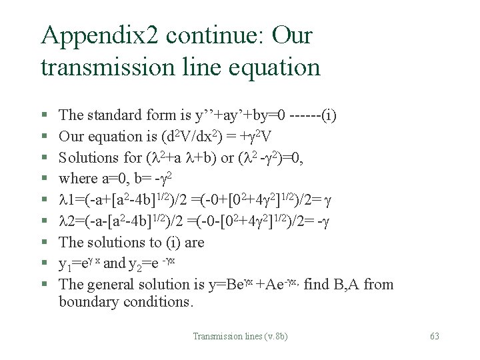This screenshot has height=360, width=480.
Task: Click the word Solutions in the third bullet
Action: click(84, 157)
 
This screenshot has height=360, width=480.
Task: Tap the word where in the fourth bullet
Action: click(75, 179)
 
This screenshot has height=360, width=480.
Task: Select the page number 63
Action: click(434, 337)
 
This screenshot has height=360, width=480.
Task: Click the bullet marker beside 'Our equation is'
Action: click(43, 137)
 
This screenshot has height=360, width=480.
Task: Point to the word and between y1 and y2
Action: click(114, 263)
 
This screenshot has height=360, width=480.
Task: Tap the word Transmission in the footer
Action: click(216, 337)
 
